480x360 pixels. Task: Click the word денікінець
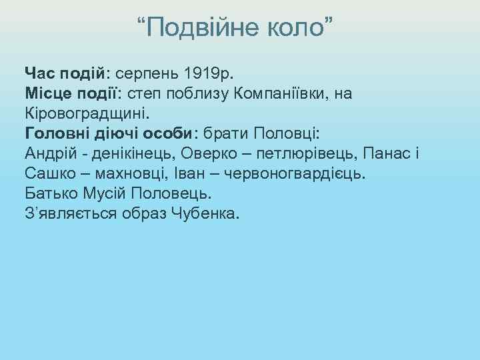pyautogui.click(x=125, y=151)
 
